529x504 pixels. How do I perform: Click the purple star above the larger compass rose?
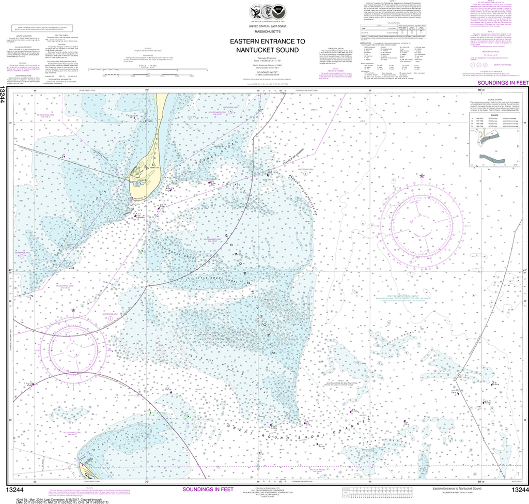tap(422, 176)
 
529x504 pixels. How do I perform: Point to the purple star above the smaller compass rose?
tap(73, 310)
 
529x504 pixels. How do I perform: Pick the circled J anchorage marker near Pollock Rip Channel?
tap(305, 174)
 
